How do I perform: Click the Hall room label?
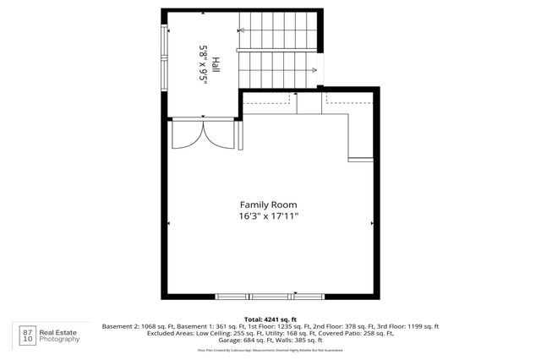216,65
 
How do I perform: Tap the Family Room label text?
268,205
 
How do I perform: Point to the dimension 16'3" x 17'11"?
268,216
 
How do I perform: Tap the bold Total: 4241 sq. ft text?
270,319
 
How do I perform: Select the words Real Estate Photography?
63,335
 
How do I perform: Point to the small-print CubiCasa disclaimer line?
270,349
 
